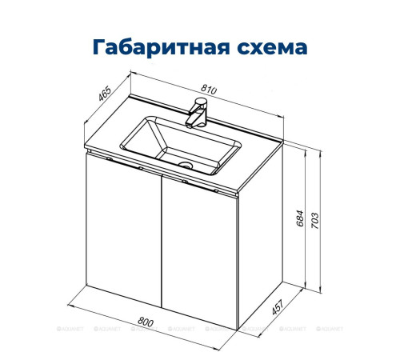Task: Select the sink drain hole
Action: [186, 166]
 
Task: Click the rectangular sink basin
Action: [180, 144]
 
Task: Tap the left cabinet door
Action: [124, 232]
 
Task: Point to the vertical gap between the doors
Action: [162, 240]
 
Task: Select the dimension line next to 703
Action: [323, 224]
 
